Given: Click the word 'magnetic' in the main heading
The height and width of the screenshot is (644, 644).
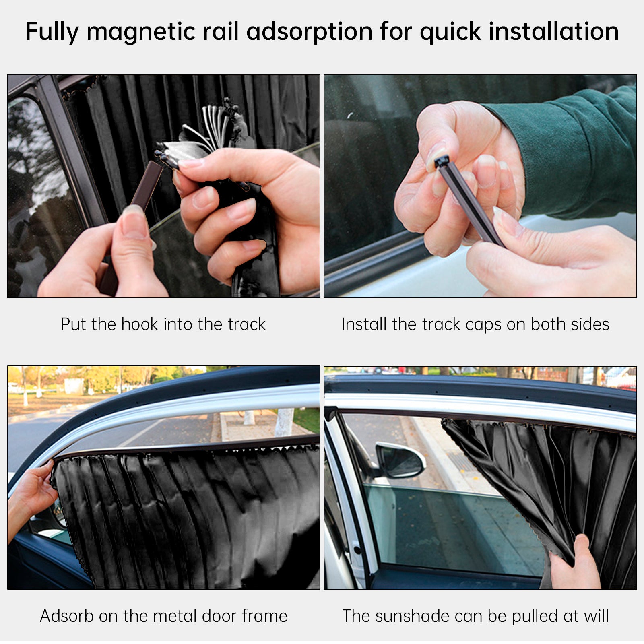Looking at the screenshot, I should pyautogui.click(x=141, y=32).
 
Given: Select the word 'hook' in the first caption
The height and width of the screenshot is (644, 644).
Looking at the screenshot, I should pyautogui.click(x=140, y=324).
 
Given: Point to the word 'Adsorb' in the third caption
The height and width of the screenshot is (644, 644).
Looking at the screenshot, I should pyautogui.click(x=66, y=616).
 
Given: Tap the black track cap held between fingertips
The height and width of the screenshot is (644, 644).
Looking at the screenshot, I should pyautogui.click(x=442, y=162).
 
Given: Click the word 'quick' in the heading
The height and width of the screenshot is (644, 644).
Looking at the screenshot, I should pyautogui.click(x=450, y=32).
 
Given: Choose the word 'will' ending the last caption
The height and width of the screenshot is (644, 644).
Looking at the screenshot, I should pyautogui.click(x=597, y=616).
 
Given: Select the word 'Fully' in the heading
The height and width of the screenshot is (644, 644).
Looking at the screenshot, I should pyautogui.click(x=52, y=32).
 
